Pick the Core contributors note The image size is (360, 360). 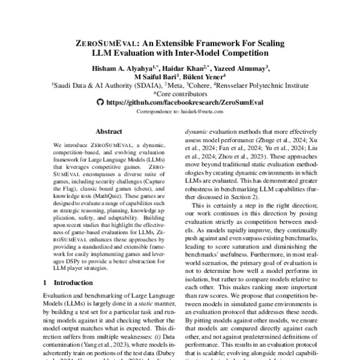[179, 94]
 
